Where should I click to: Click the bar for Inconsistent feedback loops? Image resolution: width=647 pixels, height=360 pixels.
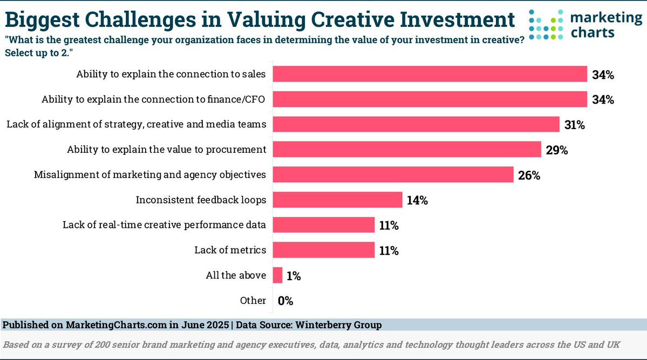[338, 200]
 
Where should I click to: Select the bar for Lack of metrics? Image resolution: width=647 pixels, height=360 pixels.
[324, 250]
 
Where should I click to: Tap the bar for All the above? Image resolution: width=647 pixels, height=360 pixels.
[278, 275]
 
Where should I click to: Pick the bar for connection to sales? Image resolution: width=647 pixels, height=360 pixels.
[430, 74]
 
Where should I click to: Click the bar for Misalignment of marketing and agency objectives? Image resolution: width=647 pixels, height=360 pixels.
[393, 174]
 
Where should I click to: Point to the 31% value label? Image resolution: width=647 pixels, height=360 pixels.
[575, 125]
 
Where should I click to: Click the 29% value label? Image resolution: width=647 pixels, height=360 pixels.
[557, 150]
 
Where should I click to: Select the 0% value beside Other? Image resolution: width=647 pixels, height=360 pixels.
[285, 301]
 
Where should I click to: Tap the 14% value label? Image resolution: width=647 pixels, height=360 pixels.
[417, 200]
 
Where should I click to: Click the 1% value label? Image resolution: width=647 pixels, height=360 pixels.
[294, 276]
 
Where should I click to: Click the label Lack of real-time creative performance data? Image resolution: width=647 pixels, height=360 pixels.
[164, 225]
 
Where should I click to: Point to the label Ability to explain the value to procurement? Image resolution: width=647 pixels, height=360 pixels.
[166, 150]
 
